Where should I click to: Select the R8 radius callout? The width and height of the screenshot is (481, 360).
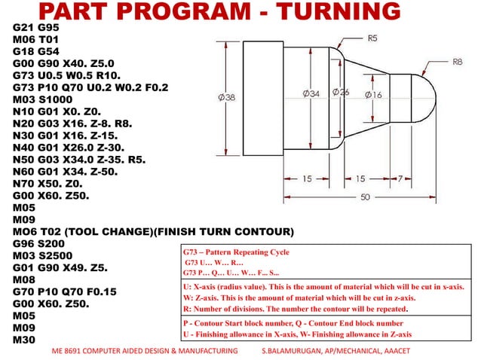pos(457,63)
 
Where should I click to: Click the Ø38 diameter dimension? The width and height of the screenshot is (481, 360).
pos(227,97)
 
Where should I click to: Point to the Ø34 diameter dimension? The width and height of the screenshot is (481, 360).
pos(311,93)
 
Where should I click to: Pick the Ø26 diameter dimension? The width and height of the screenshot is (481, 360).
pos(340,93)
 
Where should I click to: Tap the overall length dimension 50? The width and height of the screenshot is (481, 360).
pos(364,197)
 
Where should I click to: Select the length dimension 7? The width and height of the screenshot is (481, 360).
pos(408,178)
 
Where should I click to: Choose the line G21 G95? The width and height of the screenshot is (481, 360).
pos(38,26)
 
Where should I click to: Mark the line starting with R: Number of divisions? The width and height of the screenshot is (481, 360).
pos(296,309)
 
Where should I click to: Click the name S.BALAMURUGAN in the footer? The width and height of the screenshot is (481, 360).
pos(297,351)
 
